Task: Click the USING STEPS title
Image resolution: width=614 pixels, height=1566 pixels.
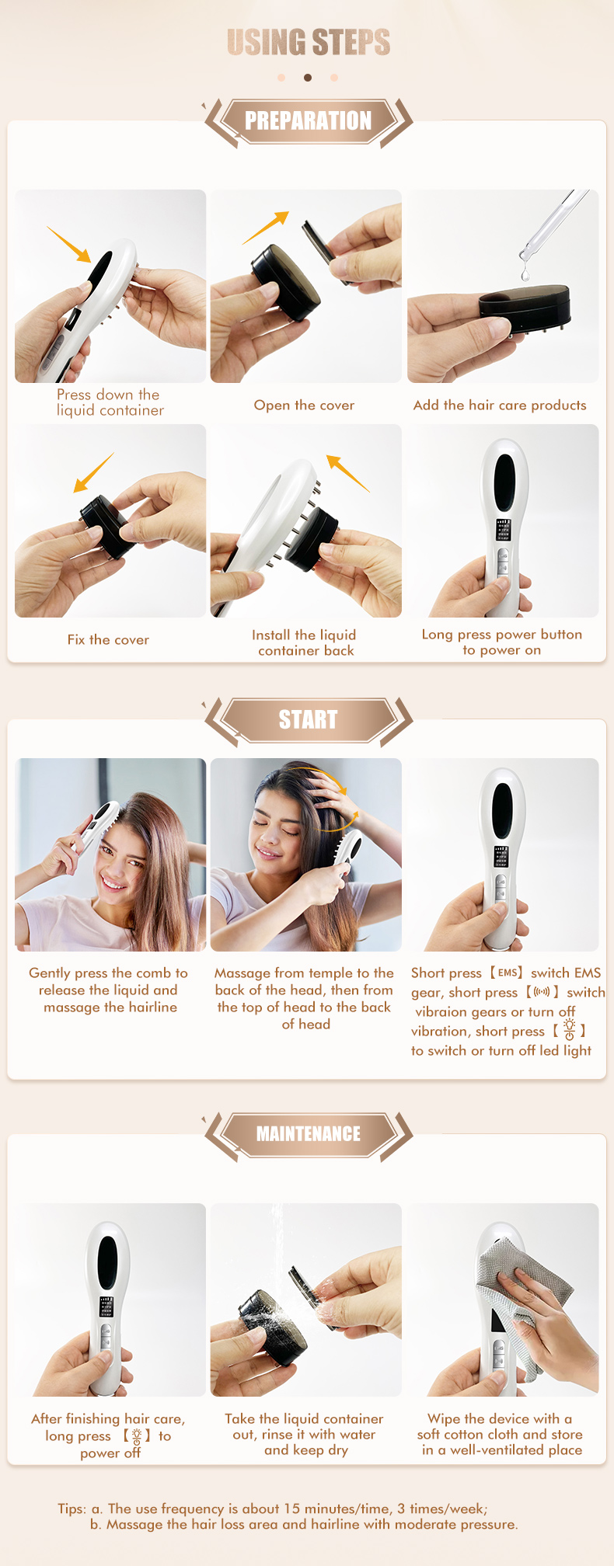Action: pos(308,43)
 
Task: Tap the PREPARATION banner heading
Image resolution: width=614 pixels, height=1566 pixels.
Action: pos(308,121)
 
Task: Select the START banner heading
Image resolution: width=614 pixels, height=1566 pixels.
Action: pos(308,720)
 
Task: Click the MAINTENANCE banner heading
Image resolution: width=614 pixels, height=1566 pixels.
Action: pos(308,1134)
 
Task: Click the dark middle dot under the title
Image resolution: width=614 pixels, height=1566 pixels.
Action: pos(308,78)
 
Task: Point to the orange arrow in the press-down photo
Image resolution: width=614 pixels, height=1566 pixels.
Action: pos(69,244)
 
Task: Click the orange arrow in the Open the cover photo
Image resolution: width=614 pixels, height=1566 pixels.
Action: pos(266,228)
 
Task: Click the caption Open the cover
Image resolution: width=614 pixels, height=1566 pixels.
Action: pos(304,405)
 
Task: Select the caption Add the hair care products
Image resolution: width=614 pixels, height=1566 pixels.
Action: pos(500,405)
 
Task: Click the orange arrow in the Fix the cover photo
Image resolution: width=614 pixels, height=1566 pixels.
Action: pos(93,472)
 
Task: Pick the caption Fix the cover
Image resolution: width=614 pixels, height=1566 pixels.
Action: pos(108,640)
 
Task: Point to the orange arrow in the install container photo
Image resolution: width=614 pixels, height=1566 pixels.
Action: pos(347,473)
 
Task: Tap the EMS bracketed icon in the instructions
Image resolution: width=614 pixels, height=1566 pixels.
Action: pos(507,973)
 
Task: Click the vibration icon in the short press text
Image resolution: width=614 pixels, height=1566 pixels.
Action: pos(542,992)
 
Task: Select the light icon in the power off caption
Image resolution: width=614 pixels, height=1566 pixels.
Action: pos(137,1436)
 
